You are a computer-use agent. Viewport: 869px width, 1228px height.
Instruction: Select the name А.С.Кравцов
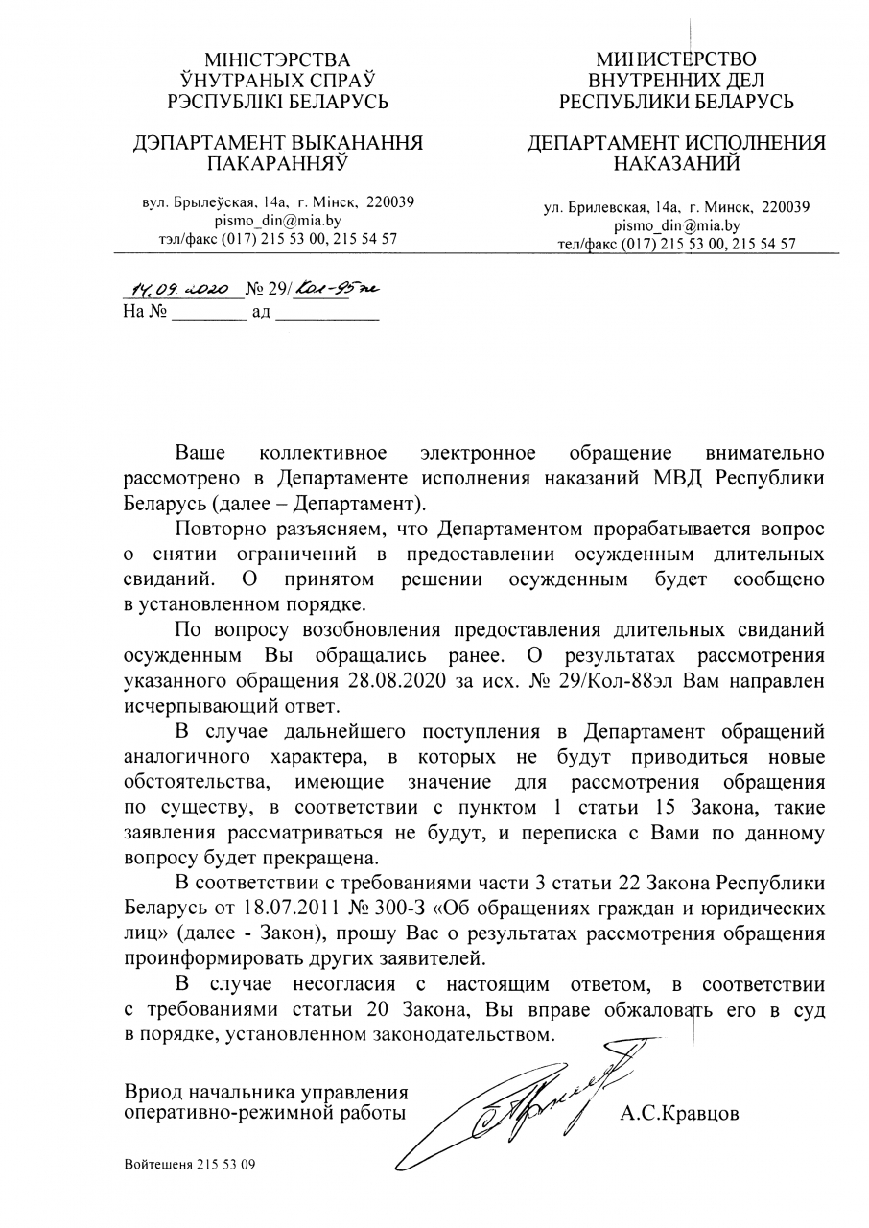pyautogui.click(x=680, y=1114)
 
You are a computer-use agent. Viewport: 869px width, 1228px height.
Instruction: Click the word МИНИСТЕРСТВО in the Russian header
pyautogui.click(x=676, y=59)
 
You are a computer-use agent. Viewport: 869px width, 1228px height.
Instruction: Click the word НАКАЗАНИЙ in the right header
pyautogui.click(x=676, y=164)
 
